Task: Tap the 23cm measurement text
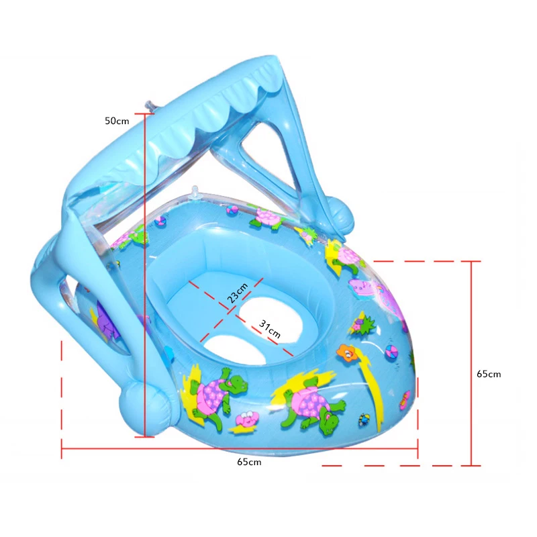pyautogui.click(x=237, y=293)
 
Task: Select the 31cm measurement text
pyautogui.click(x=270, y=329)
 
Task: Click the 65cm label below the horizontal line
pyautogui.click(x=248, y=462)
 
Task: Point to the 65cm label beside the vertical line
pyautogui.click(x=489, y=374)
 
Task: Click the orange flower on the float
pyautogui.click(x=346, y=352)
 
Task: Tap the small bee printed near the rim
pyautogui.click(x=364, y=420)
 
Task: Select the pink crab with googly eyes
pyautogui.click(x=246, y=418)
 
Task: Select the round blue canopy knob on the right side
pyautogui.click(x=344, y=216)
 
